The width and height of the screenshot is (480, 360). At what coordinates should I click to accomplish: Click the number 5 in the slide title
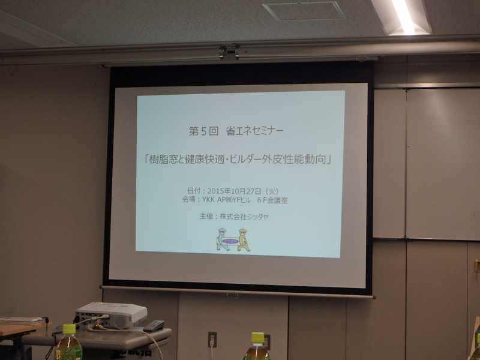coord(204,131)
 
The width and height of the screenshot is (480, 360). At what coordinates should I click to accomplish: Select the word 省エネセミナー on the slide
coord(254,131)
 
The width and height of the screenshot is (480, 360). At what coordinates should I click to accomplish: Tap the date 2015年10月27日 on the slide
coord(234,191)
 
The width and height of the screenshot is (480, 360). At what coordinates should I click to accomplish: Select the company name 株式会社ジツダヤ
coord(244,217)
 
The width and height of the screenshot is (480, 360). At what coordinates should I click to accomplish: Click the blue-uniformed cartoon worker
coord(223,239)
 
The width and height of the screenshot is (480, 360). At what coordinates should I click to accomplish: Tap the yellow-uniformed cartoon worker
coord(244,240)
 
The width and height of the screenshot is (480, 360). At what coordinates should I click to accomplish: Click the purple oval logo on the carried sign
coord(230,241)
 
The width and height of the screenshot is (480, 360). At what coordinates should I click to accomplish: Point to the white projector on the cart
coord(111,315)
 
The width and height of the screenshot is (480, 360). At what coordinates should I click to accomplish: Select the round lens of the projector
coord(121,322)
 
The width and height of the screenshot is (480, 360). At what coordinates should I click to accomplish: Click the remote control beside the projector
coord(154,326)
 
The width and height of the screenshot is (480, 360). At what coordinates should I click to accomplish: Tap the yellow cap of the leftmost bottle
coord(69,329)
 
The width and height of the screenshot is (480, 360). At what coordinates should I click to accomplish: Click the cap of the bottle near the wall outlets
coord(257,337)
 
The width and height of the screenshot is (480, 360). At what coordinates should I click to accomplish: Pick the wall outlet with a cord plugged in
coord(212,340)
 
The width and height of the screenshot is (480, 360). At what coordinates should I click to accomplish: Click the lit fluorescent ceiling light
coord(403,16)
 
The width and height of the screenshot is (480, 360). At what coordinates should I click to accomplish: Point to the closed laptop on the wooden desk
coord(21,320)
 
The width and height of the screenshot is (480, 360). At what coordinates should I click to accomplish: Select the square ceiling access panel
coord(304,11)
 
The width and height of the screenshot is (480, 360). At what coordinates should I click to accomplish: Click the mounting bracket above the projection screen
coord(229,51)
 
